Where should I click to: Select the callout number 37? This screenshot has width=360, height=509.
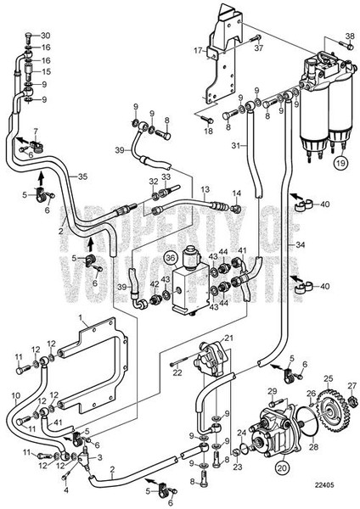(x=259, y=48)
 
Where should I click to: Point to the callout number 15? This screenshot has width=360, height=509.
(x=46, y=73)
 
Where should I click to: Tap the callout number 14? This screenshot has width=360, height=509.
(x=237, y=194)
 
